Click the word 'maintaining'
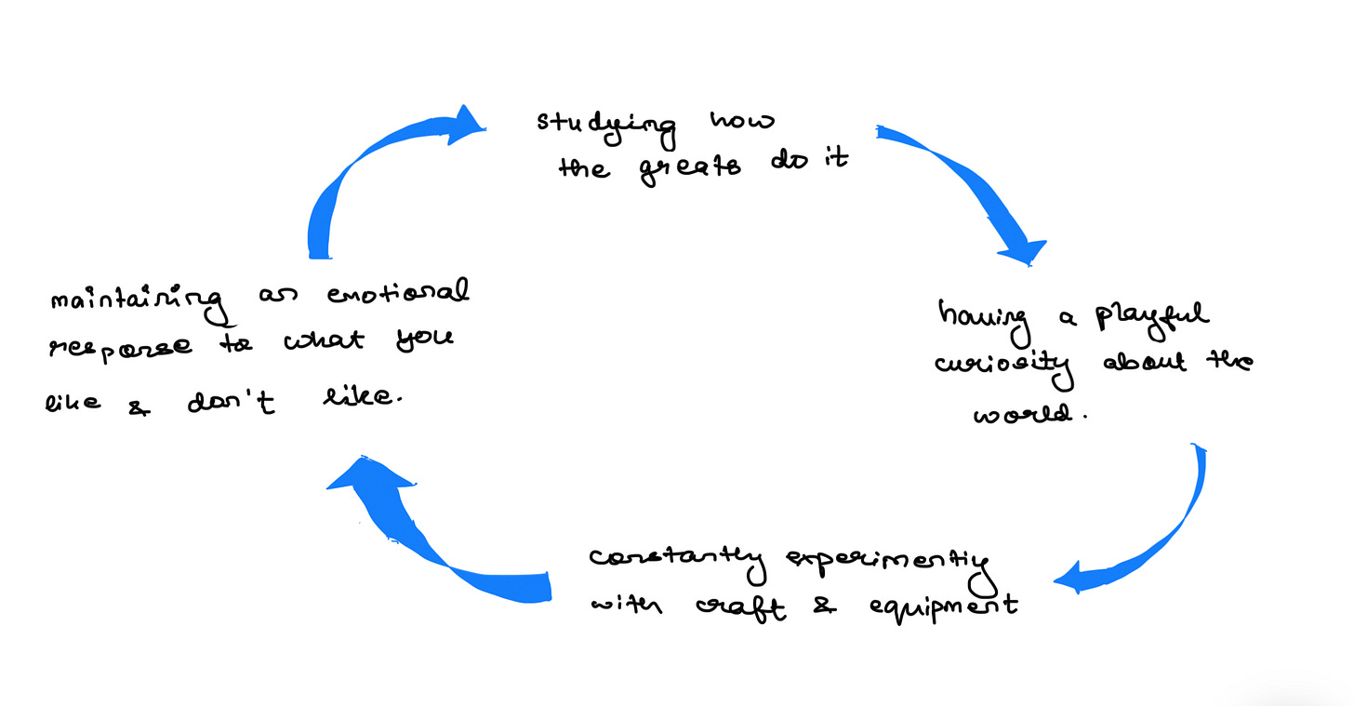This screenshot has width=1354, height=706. (137, 300)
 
